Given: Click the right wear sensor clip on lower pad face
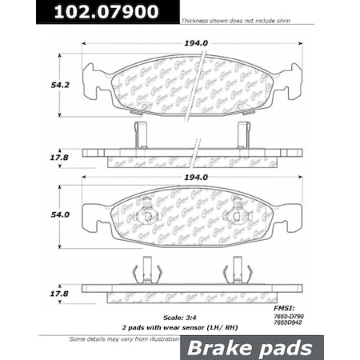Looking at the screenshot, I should pos(238,215).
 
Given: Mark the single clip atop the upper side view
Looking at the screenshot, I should pos(140,135).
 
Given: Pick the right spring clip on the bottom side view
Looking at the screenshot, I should pos(238,272).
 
